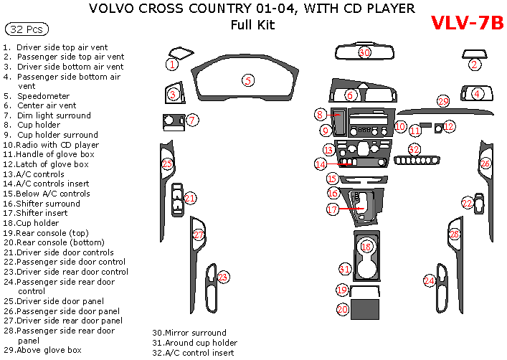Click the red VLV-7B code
tap(467, 22)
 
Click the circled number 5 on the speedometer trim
tap(247, 80)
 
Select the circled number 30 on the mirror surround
tap(364, 52)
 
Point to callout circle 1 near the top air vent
tap(172, 65)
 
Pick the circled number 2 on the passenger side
tap(474, 65)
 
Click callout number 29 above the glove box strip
tap(443, 101)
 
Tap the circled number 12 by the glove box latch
tap(449, 126)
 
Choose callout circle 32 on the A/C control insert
tap(414, 149)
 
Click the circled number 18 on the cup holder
tap(366, 247)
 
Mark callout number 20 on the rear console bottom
tap(343, 309)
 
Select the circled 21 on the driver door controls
tap(189, 198)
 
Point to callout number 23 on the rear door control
tap(222, 277)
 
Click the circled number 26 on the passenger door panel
tap(485, 164)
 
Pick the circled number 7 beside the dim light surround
tap(192, 120)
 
